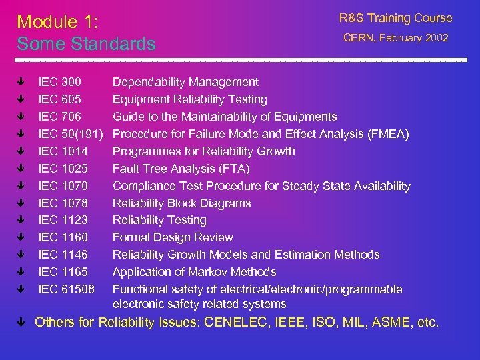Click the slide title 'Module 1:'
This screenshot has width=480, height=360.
(57, 22)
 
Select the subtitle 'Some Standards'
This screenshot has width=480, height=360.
(86, 44)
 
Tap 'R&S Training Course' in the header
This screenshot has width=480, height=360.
(395, 19)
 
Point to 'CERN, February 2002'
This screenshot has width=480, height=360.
(396, 38)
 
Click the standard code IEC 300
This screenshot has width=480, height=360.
(60, 82)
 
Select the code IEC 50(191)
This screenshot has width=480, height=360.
(70, 134)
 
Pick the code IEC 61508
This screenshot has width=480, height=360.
(66, 289)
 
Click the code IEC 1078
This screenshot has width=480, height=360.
(63, 203)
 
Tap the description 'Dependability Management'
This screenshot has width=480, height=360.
(185, 82)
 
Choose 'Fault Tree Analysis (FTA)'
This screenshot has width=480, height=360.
(181, 169)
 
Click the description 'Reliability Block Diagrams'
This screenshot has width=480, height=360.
(181, 203)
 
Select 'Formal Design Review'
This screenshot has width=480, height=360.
(173, 237)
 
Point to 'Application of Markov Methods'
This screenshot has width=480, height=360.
(194, 272)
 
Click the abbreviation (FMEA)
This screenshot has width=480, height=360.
(388, 134)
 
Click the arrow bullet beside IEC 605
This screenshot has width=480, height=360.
(21, 99)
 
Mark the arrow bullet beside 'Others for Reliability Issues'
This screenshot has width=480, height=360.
(21, 323)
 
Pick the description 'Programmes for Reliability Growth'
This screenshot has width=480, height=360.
(203, 151)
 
